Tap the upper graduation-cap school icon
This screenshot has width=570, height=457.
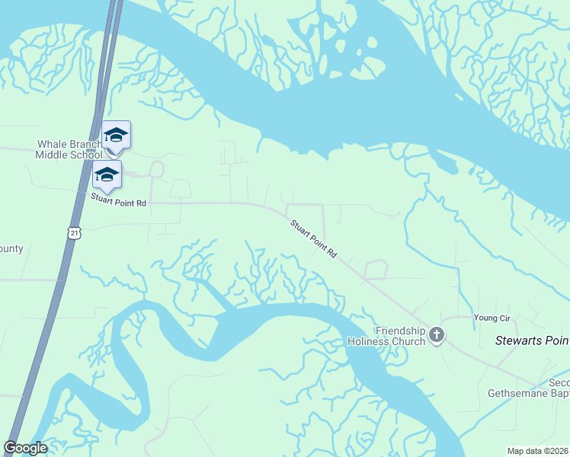[x=116, y=136]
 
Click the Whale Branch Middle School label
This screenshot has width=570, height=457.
[x=69, y=149]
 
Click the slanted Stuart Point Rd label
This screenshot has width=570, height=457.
[x=313, y=239]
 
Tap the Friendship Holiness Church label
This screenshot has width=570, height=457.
[x=399, y=336]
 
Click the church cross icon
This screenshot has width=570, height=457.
[x=437, y=335]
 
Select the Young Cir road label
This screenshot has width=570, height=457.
[x=490, y=318]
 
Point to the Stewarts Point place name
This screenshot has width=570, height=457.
[x=532, y=340]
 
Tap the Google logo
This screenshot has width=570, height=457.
[x=25, y=448]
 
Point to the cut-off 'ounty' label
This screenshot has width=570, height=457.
[x=11, y=249]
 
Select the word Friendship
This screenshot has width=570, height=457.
[x=400, y=331]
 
